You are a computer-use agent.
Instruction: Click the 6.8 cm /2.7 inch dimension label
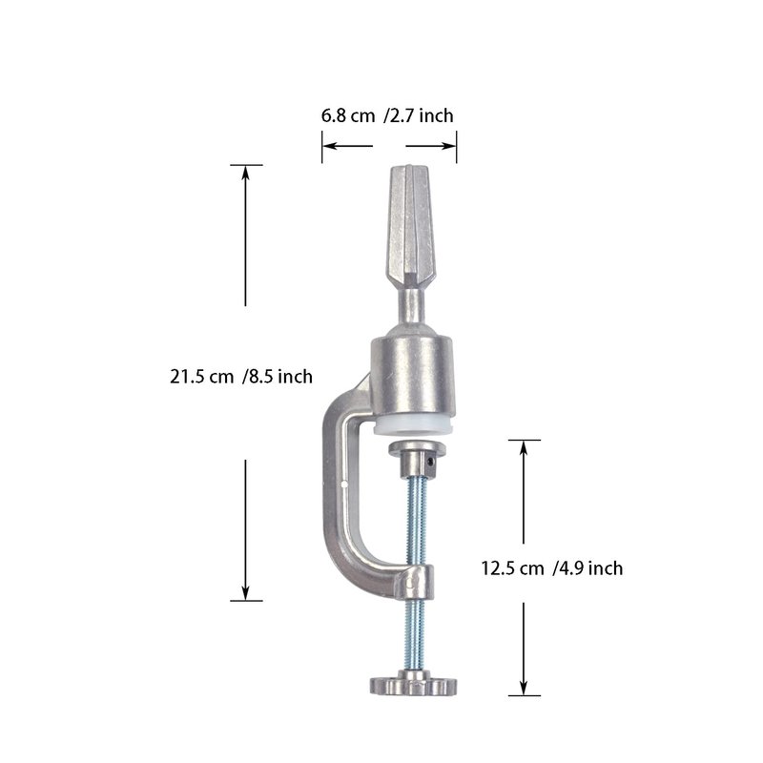click(387, 115)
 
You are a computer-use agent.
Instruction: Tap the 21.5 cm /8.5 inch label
click(241, 377)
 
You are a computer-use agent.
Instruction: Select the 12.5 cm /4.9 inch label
click(552, 567)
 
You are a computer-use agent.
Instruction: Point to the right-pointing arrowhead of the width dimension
click(448, 146)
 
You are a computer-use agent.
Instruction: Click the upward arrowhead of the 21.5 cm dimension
click(245, 174)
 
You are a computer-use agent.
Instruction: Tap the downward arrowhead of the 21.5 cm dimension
click(245, 592)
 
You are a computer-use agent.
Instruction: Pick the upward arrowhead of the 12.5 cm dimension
click(524, 448)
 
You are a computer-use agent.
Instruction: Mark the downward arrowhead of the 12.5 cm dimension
click(524, 687)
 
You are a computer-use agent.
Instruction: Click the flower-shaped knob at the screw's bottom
click(414, 684)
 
